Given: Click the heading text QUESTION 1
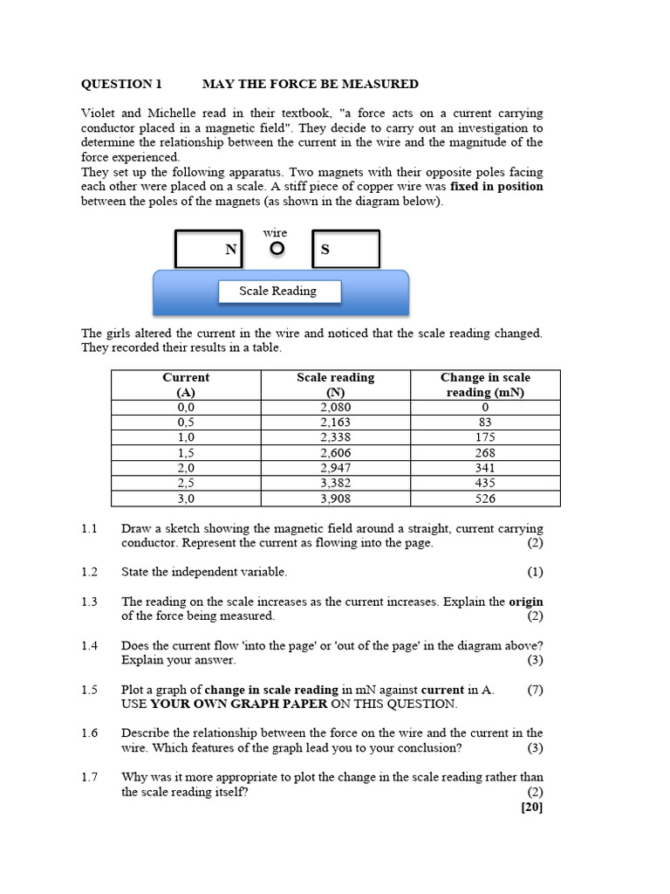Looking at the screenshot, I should tap(121, 84).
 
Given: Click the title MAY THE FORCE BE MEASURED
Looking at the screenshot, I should tap(310, 84).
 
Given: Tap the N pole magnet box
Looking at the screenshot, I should tap(209, 249).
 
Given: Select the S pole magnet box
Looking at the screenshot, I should tap(345, 249).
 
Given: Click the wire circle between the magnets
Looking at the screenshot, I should tap(277, 249).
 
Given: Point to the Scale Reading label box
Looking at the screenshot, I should tap(278, 292).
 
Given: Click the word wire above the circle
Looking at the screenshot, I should tap(275, 232).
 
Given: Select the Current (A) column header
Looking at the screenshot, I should tap(186, 385).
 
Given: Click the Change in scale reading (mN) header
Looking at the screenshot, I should tap(485, 385).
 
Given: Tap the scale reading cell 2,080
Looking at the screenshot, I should tap(335, 408).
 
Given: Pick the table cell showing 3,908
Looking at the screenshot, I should tap(335, 499).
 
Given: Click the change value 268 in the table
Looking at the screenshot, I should tap(485, 453).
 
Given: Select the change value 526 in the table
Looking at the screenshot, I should tap(485, 499).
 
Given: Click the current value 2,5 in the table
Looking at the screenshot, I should tap(186, 483).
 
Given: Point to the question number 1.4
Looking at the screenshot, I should tap(90, 645).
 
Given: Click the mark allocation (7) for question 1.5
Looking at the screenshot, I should tap(535, 690).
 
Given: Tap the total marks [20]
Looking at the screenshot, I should tap(531, 807).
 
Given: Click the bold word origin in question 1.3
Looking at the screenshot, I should tap(526, 602).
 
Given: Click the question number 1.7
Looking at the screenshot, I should tap(90, 777).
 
